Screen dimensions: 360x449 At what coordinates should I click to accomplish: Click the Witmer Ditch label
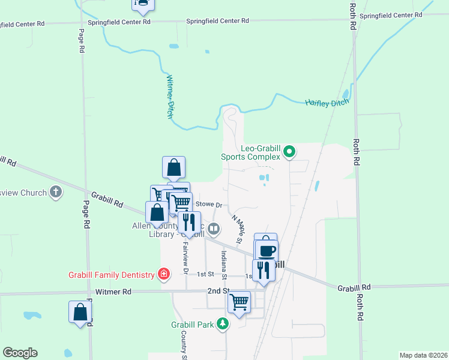click(171, 97)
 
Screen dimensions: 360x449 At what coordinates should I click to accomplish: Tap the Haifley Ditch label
click(327, 103)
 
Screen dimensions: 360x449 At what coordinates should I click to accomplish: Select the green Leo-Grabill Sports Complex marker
click(289, 151)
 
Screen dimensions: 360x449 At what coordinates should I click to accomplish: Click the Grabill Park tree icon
click(223, 324)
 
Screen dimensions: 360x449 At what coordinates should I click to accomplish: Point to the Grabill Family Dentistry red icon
click(163, 274)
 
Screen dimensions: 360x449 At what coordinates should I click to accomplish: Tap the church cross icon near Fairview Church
click(56, 193)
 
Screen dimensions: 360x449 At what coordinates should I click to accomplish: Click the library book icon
click(214, 228)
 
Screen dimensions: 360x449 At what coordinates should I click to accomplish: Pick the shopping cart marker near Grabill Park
click(239, 301)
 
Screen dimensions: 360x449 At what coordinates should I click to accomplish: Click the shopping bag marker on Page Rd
click(80, 312)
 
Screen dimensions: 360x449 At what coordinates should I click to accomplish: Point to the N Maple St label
click(236, 229)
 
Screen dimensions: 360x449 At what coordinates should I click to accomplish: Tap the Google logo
click(20, 353)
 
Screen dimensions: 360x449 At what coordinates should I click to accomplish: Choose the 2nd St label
click(218, 290)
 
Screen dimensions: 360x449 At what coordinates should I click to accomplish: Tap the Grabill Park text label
click(191, 325)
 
